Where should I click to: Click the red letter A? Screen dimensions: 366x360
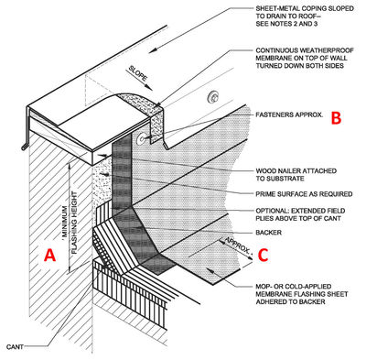(x=49, y=255)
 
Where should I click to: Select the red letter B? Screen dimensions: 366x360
(x=336, y=118)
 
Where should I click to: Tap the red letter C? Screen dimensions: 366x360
(x=264, y=255)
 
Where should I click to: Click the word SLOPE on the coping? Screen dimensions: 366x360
(x=138, y=73)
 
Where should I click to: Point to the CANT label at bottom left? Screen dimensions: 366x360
(x=15, y=347)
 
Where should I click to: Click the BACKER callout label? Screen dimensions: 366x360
(x=269, y=233)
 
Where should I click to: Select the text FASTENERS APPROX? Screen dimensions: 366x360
(x=289, y=115)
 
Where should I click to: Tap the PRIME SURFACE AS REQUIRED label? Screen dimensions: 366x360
(x=304, y=194)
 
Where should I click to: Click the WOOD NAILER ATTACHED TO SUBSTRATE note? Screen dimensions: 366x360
(x=296, y=174)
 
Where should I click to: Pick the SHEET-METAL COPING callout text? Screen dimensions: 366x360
(x=305, y=16)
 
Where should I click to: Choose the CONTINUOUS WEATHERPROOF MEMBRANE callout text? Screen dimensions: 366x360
(x=305, y=58)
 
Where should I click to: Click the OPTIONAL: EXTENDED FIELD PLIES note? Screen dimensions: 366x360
(x=300, y=214)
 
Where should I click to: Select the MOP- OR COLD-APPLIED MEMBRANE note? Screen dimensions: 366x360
(x=302, y=294)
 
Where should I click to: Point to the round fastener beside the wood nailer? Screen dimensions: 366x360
(x=141, y=138)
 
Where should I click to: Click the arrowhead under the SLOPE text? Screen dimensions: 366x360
(x=149, y=87)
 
